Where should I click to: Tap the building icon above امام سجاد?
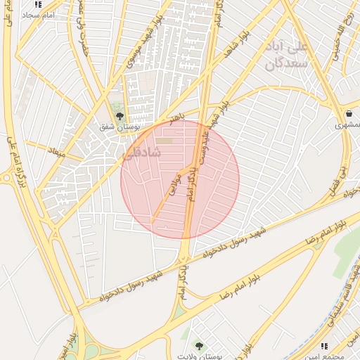pyautogui.click(x=38, y=4)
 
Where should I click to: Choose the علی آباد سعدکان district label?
pyautogui.click(x=287, y=56)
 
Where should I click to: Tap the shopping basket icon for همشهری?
pyautogui.click(x=349, y=114)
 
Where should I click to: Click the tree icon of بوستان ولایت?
pyautogui.click(x=199, y=345)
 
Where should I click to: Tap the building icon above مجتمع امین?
pyautogui.click(x=324, y=346)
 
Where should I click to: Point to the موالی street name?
pyautogui.click(x=175, y=184)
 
